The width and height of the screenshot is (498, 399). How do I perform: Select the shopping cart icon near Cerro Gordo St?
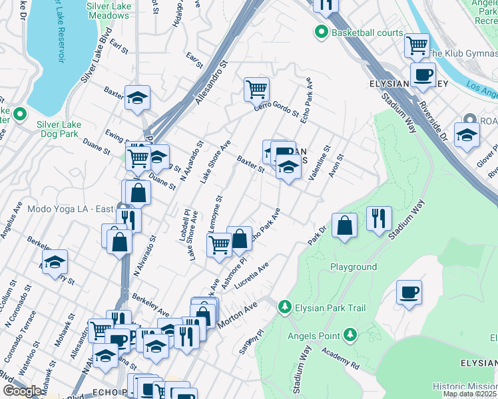click(x=256, y=88)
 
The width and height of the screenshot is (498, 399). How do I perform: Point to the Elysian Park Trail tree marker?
click(x=285, y=306)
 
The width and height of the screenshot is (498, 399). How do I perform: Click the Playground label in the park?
click(x=354, y=267)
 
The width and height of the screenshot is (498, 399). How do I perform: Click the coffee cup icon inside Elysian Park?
click(x=409, y=292)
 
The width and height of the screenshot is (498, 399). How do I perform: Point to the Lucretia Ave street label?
click(x=255, y=275)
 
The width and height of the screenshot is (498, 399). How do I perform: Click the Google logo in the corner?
click(x=22, y=391)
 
